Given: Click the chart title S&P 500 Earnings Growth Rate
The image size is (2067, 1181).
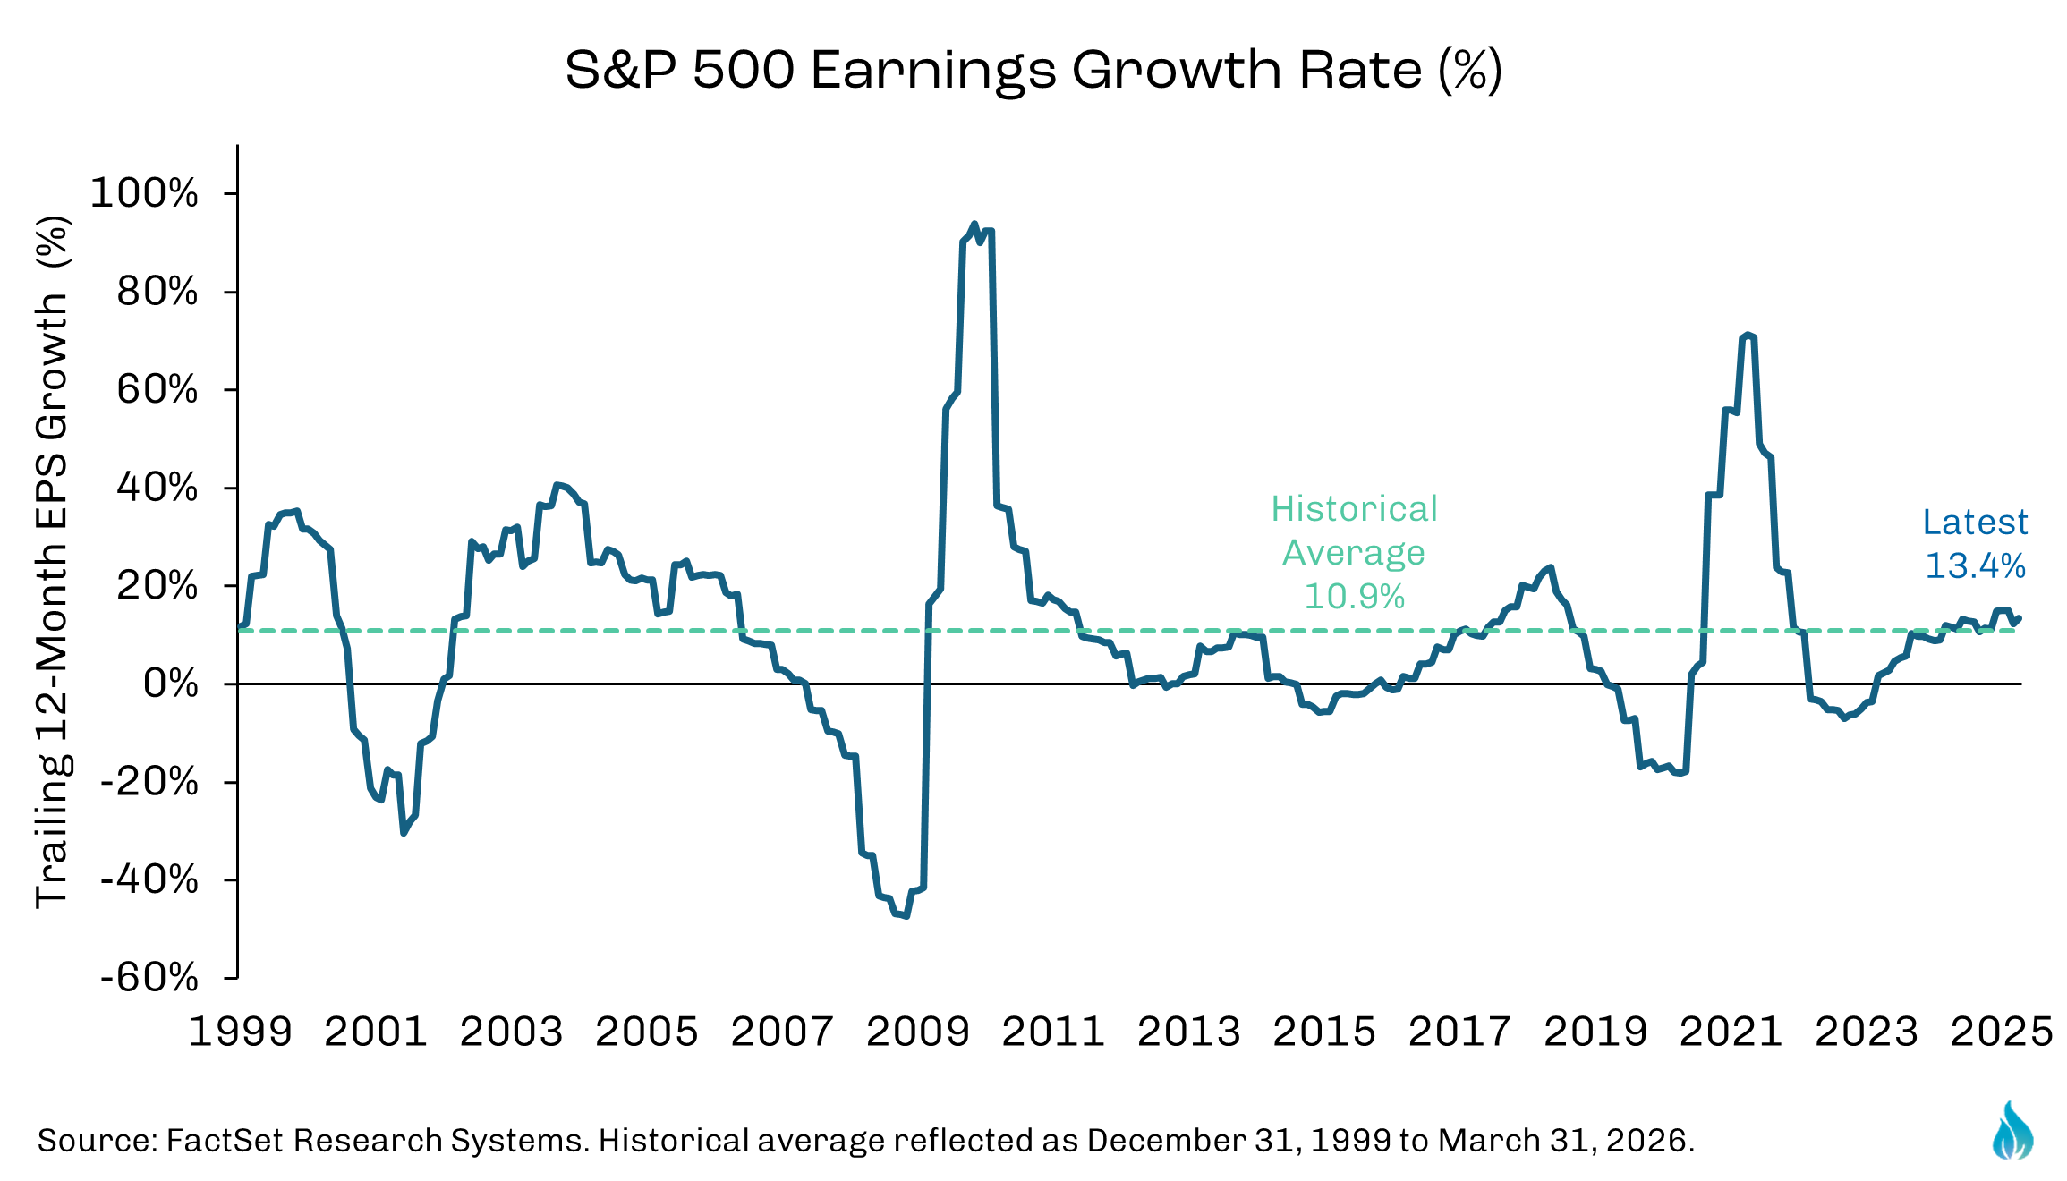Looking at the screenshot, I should pyautogui.click(x=1033, y=70).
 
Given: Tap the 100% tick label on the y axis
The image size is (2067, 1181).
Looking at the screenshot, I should pyautogui.click(x=144, y=193).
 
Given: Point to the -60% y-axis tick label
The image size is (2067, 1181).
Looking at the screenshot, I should pyautogui.click(x=149, y=977).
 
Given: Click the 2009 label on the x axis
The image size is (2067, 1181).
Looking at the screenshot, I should pyautogui.click(x=918, y=1032).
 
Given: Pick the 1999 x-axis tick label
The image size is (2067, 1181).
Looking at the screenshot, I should pyautogui.click(x=241, y=1032).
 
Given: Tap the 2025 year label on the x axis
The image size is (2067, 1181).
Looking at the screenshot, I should pyautogui.click(x=2002, y=1032).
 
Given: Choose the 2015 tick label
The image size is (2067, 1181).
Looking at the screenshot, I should pyautogui.click(x=1324, y=1032).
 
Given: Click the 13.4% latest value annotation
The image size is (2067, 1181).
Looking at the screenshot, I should pyautogui.click(x=1976, y=565).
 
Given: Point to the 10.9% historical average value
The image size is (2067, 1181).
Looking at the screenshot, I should pyautogui.click(x=1354, y=596).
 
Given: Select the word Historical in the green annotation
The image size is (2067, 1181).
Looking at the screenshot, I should pyautogui.click(x=1354, y=509).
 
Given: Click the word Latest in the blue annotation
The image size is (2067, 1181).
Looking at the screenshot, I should pyautogui.click(x=1976, y=522).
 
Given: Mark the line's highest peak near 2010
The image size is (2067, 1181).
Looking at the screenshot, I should pyautogui.click(x=974, y=225).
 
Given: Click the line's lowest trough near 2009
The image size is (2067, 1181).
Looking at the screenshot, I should pyautogui.click(x=906, y=915).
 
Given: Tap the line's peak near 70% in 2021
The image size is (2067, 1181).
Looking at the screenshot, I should pyautogui.click(x=1748, y=336).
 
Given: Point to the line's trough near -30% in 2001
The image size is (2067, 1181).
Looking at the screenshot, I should pyautogui.click(x=404, y=833).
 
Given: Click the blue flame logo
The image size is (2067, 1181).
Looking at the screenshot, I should pyautogui.click(x=2013, y=1131).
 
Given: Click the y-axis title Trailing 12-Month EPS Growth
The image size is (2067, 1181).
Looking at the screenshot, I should pyautogui.click(x=52, y=562).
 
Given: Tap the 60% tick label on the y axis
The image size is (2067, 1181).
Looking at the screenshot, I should pyautogui.click(x=157, y=390).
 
